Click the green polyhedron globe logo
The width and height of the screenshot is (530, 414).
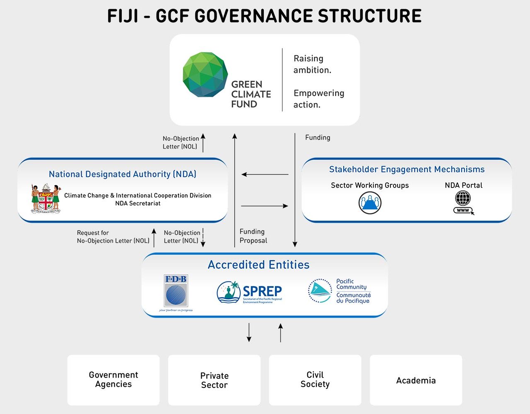click(205, 75)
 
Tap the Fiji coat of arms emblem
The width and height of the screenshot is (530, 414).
click(46, 199)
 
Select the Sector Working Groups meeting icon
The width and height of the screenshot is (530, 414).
click(370, 203)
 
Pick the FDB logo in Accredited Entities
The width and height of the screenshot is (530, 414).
click(176, 292)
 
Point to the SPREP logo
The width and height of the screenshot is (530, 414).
click(250, 292)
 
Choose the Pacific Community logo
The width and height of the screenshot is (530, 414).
click(340, 291)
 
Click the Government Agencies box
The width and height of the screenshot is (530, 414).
click(113, 380)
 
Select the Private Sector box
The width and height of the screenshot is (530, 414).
click(214, 380)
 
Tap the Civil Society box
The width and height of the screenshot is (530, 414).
click(315, 380)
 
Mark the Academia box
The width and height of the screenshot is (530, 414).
click(416, 380)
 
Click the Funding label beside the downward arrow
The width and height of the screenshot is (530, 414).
click(318, 137)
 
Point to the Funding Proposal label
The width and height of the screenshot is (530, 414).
click(253, 236)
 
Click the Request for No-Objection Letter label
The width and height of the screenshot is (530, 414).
click(113, 237)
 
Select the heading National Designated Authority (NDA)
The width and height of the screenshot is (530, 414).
click(123, 174)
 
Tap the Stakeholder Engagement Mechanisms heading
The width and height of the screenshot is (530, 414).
click(407, 169)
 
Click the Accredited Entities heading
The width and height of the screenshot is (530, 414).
click(258, 265)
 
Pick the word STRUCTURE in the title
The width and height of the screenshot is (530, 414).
click(370, 16)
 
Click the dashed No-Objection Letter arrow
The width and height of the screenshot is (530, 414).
click(203, 237)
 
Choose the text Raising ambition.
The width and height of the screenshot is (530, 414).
click(312, 64)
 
